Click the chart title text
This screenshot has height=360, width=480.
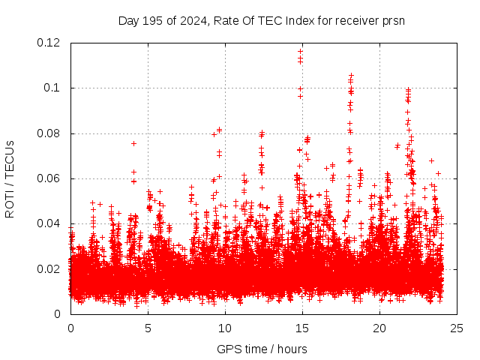point(262,20)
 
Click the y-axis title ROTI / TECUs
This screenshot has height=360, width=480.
point(10,178)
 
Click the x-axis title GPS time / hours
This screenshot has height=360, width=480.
point(262,349)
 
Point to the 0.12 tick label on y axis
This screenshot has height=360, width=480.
point(49,43)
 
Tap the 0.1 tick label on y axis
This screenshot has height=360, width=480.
point(53,88)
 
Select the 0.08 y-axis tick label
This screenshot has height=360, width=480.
point(49,133)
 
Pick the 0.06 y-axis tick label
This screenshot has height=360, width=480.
point(49,178)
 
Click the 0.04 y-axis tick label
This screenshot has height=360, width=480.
point(49,223)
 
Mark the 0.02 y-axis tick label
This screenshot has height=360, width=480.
point(49,269)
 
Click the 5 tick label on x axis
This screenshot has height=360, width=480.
point(148,328)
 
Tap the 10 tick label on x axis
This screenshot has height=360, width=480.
point(225,328)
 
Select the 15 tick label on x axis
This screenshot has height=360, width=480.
point(302,328)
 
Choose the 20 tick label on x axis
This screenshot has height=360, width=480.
point(379,328)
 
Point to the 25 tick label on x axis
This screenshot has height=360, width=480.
point(457,328)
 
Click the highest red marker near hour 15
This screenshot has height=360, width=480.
point(301,52)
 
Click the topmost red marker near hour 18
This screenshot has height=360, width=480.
point(351,76)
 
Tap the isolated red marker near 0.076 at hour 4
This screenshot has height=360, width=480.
point(133,143)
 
